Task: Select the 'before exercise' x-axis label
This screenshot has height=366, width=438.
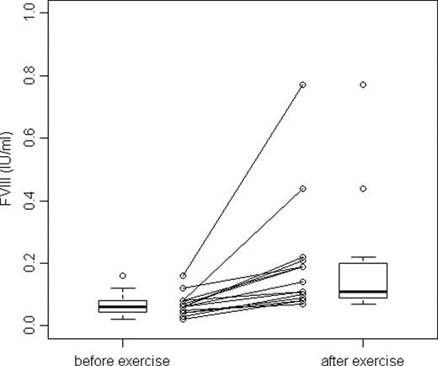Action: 122,360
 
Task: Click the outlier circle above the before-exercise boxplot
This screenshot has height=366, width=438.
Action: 122,276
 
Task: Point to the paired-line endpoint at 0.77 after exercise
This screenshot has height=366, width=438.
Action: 302,84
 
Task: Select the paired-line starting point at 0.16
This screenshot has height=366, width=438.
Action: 183,276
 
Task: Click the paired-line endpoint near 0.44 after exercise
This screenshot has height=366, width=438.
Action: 302,188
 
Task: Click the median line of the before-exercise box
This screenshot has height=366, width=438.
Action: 122,307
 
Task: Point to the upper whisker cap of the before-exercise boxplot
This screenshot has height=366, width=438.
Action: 122,288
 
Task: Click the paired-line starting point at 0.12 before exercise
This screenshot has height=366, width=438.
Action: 183,288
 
